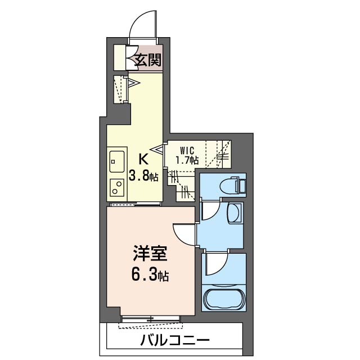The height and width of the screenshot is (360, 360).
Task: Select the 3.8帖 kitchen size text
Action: [x=143, y=175]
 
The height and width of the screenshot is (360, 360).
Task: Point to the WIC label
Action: [x=187, y=150]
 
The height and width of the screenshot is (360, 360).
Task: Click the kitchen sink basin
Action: [x=116, y=161]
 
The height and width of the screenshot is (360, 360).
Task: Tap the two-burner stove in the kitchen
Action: [x=118, y=186]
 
